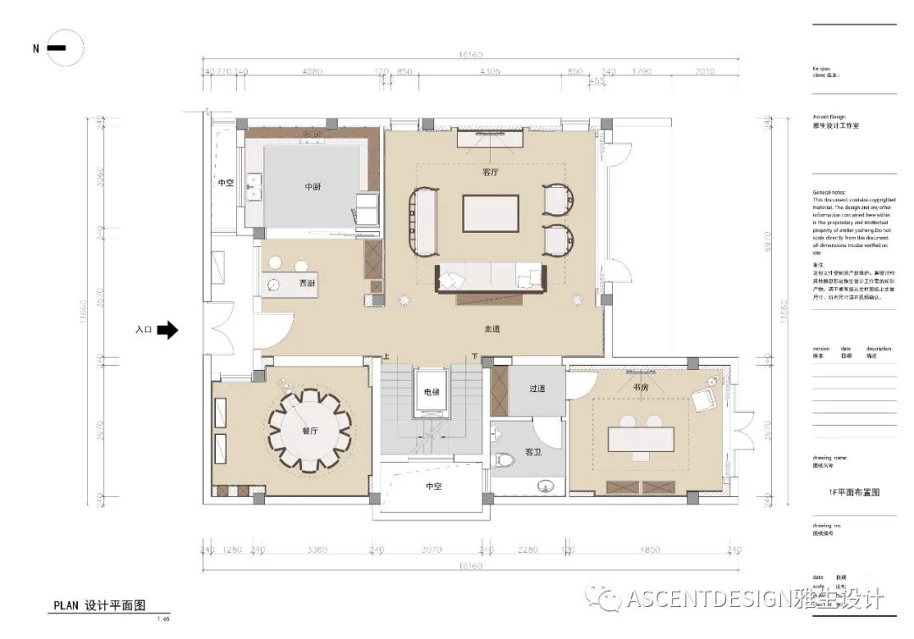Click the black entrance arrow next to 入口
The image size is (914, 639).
click(168, 330)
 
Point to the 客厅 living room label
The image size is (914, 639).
click(491, 172)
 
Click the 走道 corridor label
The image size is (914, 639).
click(492, 328)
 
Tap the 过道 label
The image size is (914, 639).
click(537, 388)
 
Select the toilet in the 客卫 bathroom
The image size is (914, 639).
click(506, 461)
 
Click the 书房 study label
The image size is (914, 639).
click(641, 387)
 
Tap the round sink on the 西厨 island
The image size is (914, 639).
click(276, 284)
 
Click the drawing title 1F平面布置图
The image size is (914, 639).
click(851, 492)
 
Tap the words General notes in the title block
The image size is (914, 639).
click(830, 192)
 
